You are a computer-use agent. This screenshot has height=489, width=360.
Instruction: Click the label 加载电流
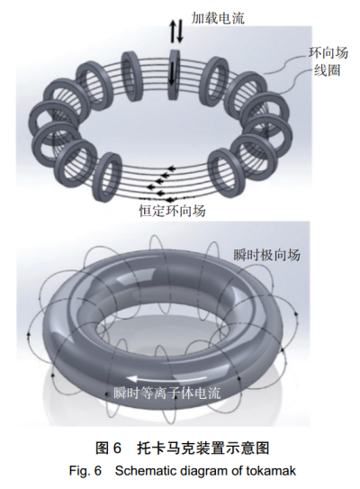tap(218, 18)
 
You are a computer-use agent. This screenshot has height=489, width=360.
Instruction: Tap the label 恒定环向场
tap(172, 211)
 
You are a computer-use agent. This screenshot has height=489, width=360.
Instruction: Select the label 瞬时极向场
tap(266, 255)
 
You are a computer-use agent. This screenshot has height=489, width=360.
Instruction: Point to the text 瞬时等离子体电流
tap(166, 393)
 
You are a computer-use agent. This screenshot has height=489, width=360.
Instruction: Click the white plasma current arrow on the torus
tap(166, 379)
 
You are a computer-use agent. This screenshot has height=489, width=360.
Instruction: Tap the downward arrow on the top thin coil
tap(171, 74)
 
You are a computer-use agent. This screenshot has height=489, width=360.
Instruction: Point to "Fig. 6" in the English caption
tap(85, 471)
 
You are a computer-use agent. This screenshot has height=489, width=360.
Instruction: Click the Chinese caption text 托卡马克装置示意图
tap(202, 448)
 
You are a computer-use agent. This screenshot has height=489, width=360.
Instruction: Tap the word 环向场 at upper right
tap(328, 53)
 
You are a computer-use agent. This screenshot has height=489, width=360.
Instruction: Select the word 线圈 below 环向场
tap(327, 70)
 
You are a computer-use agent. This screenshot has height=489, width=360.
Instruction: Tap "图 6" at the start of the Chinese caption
tap(108, 448)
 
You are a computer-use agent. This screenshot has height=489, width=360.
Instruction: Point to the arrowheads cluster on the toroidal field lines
tap(160, 184)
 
